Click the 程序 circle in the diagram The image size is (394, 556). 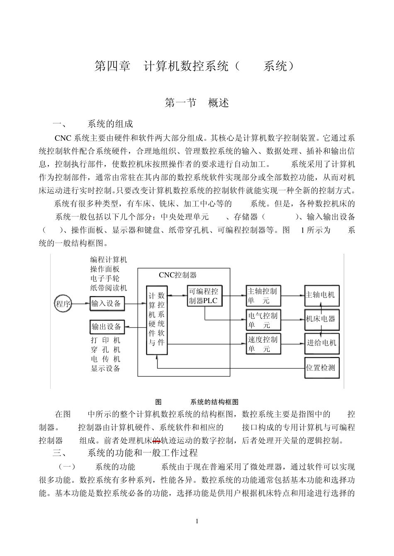point(63,304)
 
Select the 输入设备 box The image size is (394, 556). point(107,304)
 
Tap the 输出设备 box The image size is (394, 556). point(107,327)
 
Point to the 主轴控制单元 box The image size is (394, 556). point(263,296)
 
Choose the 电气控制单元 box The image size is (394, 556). point(263,320)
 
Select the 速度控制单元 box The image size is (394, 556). point(263,344)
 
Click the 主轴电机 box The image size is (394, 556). point(321,295)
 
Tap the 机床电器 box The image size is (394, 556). point(321,319)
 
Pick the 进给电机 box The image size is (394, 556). point(321,343)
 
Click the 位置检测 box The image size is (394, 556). point(321,368)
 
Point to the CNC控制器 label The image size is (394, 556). point(178,275)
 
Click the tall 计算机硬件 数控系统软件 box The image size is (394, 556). point(157,320)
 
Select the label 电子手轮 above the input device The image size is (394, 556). point(105,279)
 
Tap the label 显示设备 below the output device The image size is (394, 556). point(106,368)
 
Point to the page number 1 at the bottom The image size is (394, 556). point(197,521)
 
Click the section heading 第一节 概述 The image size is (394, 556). point(197,103)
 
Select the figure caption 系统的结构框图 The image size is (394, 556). point(214,402)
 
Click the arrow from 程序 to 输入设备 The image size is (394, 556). point(81,304)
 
